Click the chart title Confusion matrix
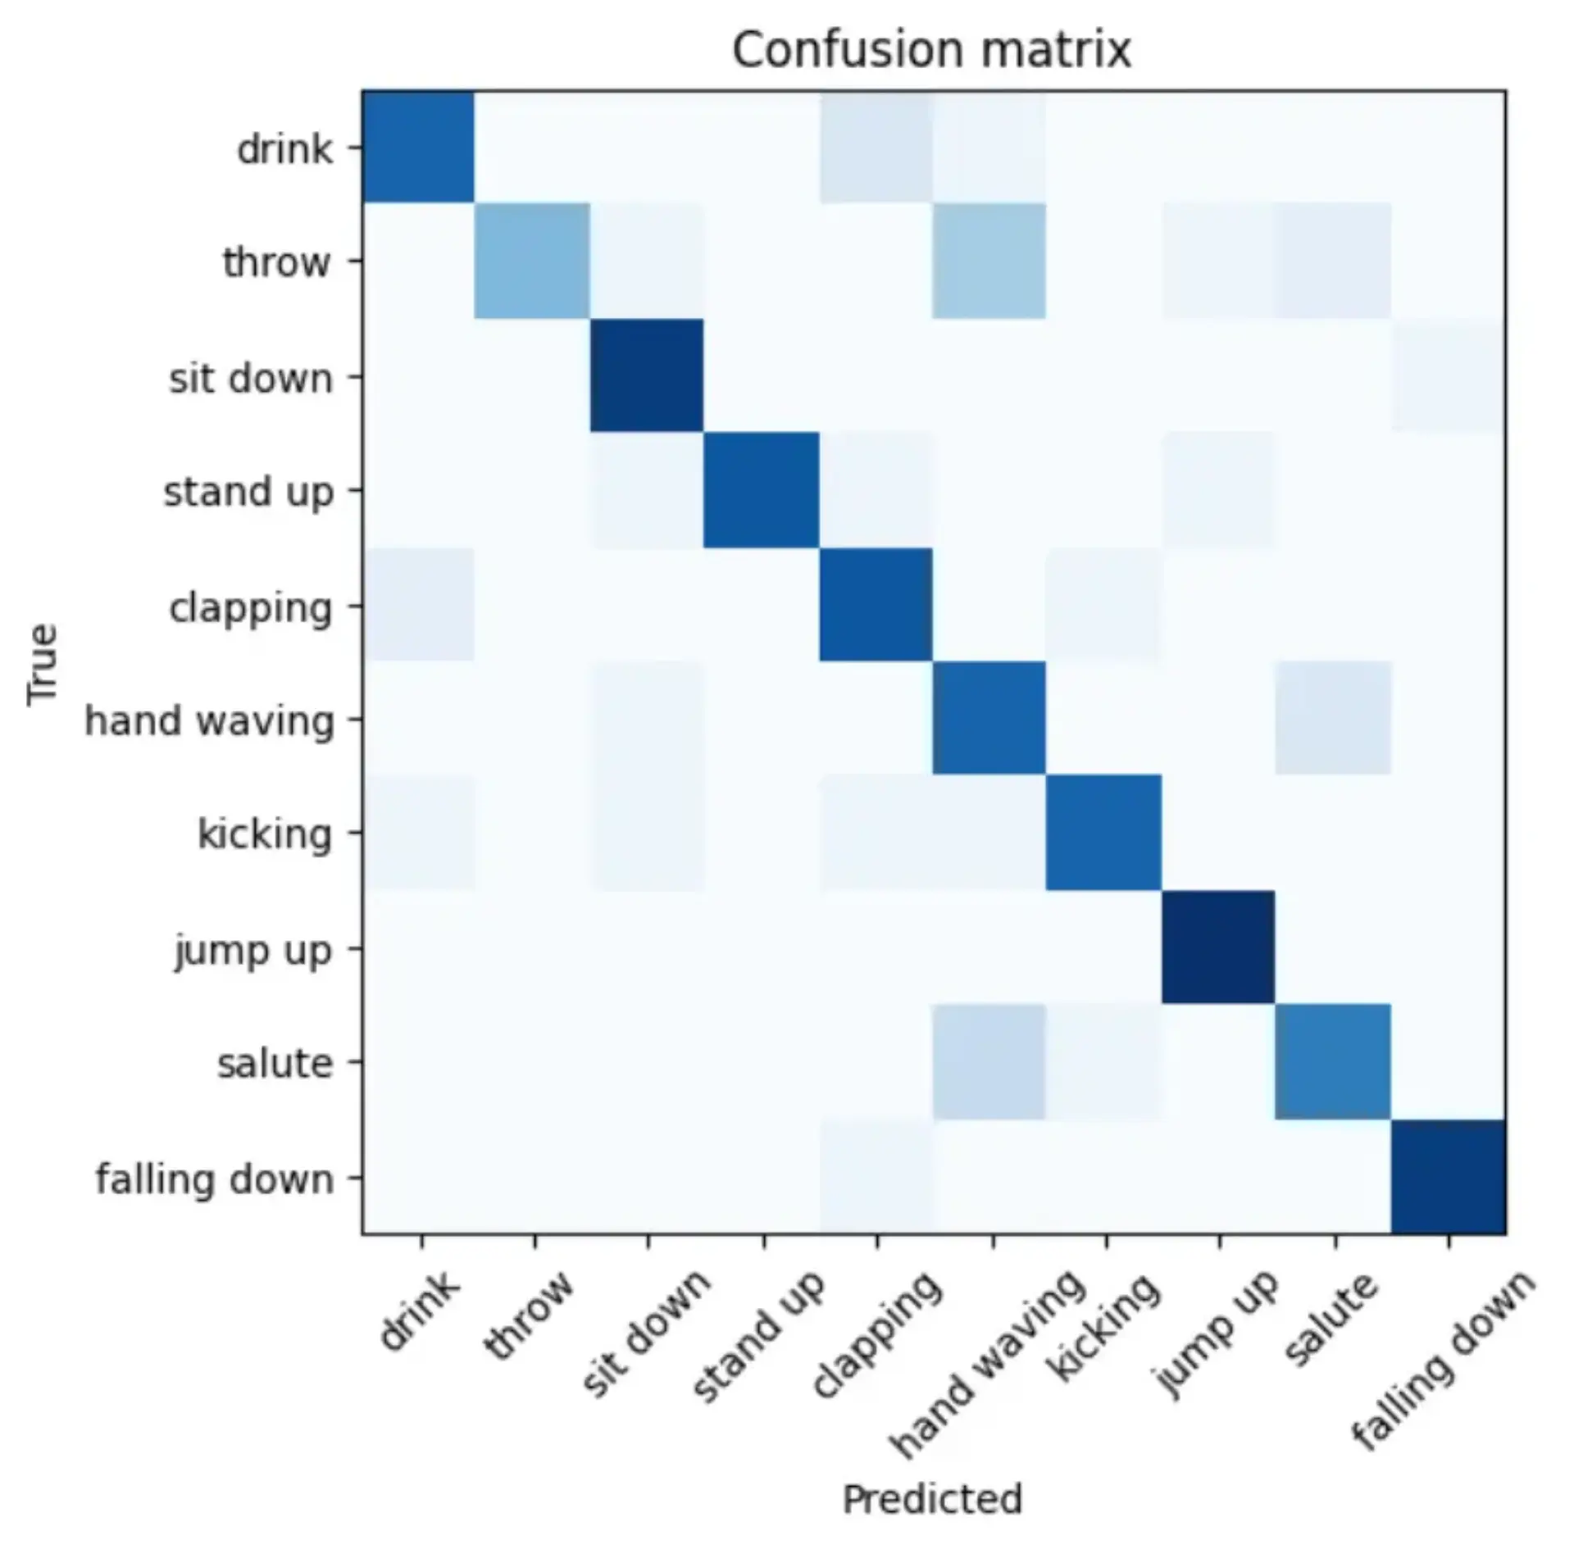pos(931,51)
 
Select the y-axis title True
pos(43,663)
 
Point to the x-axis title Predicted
pos(932,1498)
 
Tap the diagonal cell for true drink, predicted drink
pos(419,147)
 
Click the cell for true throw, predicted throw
pos(533,261)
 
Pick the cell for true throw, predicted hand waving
pos(989,261)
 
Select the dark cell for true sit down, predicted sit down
pos(647,375)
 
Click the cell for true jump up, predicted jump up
pos(1218,947)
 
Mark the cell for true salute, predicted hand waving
pos(989,1061)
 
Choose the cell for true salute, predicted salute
pos(1333,1061)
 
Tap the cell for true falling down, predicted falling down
pos(1448,1176)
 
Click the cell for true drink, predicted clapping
pos(876,147)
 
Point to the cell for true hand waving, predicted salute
pos(1333,718)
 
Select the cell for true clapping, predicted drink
pos(419,604)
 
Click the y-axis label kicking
pos(265,834)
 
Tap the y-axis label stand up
pos(248,492)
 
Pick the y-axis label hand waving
pos(210,720)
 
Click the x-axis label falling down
pos(1441,1360)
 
